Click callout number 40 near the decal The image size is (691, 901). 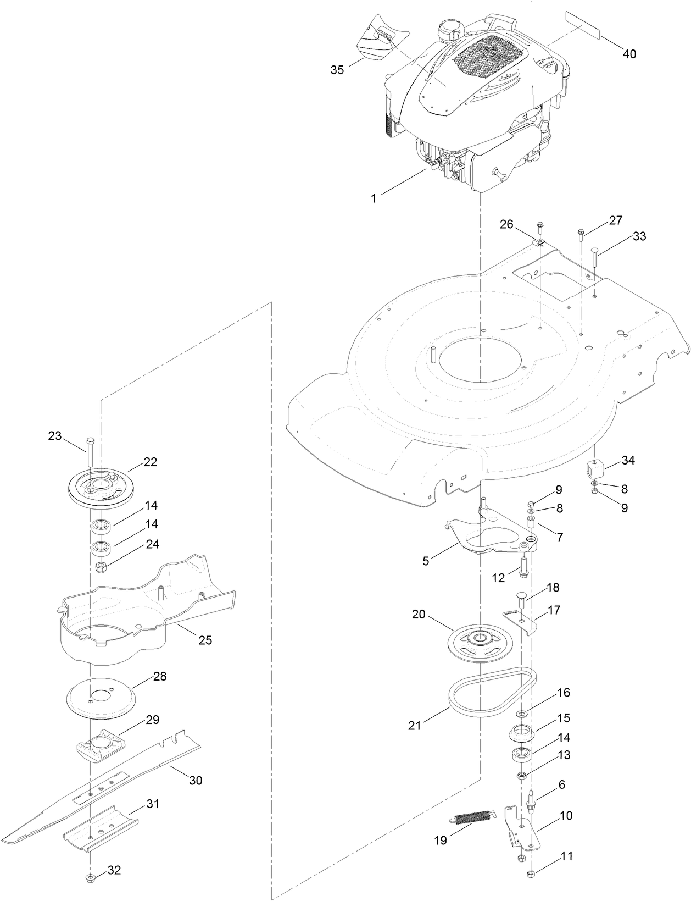(629, 54)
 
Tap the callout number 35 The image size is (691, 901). (337, 70)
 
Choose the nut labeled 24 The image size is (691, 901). (100, 567)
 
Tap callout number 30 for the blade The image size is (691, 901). (196, 780)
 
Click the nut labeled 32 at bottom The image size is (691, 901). (91, 877)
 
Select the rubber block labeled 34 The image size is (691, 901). (595, 469)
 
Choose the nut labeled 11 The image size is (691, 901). (531, 874)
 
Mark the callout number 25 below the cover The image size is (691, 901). (205, 640)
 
